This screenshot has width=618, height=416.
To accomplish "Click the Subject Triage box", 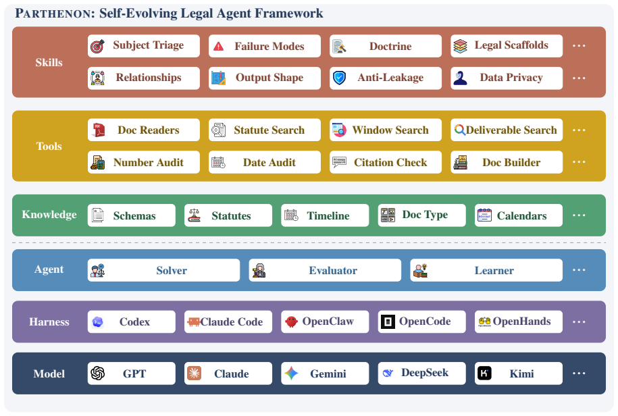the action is (143, 46).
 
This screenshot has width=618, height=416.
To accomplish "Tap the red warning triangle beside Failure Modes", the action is (218, 47).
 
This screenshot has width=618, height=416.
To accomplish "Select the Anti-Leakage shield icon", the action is (339, 78).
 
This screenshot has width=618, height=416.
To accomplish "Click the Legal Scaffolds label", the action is (511, 45).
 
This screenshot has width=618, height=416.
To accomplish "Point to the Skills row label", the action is (49, 62).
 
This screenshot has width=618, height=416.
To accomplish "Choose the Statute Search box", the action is (265, 130).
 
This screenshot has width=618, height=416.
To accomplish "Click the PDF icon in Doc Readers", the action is (98, 130).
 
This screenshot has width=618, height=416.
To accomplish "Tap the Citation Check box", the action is (386, 162).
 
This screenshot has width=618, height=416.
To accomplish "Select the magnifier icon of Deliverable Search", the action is (459, 129).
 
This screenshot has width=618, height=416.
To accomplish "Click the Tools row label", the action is (49, 146).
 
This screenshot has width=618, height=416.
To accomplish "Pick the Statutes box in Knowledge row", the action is (228, 215).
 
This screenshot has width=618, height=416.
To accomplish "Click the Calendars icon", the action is (484, 215).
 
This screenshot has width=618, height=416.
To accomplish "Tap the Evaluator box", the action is (325, 270).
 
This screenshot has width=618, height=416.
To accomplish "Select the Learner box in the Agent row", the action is (486, 270).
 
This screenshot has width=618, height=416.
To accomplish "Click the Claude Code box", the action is (228, 322).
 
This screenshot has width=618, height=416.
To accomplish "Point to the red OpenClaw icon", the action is (291, 321).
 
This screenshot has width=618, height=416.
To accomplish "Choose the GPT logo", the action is (98, 373).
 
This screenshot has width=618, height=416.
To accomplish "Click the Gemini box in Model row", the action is (325, 373).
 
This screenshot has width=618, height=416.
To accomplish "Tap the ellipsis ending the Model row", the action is (579, 373).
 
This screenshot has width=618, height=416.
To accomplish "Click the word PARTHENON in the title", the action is (55, 14).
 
